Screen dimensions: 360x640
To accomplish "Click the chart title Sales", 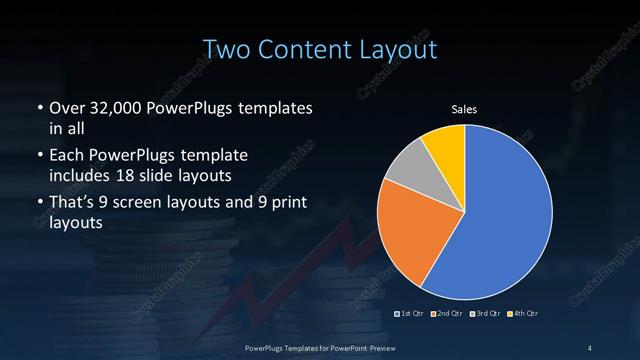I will point(464,108).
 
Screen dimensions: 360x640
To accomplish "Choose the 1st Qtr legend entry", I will point(411,314).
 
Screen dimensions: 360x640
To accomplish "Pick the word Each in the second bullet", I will point(66,157).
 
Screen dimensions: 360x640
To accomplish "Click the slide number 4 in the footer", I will point(590,347).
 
